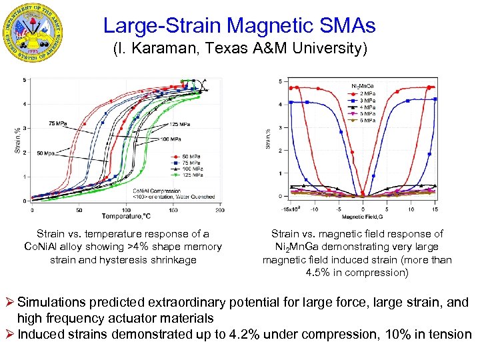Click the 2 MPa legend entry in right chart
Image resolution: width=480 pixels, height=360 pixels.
[x=367, y=93]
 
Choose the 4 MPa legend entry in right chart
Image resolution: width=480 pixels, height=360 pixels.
[x=367, y=107]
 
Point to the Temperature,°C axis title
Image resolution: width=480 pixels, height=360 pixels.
[x=127, y=216]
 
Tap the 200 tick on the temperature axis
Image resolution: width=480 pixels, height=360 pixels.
[x=219, y=209]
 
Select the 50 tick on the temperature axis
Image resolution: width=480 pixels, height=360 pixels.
[x=79, y=209]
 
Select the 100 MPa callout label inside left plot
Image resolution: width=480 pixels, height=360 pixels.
[x=170, y=139]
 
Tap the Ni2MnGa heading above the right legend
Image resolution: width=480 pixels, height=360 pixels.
[x=363, y=86]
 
